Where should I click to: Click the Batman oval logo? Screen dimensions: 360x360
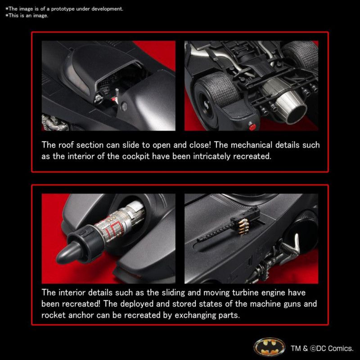pyautogui.click(x=269, y=347)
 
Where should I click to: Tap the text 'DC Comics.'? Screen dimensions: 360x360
pyautogui.click(x=331, y=348)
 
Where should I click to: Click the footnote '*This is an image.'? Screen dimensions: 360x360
pyautogui.click(x=27, y=16)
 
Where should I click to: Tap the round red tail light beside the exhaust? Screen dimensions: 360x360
pyautogui.click(x=252, y=126)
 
